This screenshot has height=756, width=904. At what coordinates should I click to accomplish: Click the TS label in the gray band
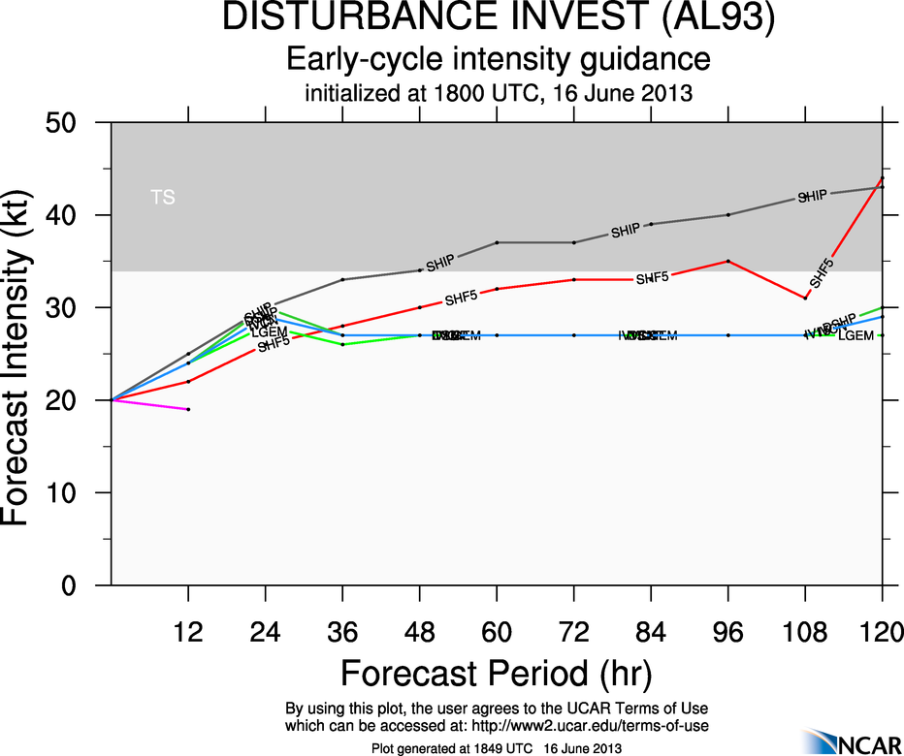click(x=163, y=198)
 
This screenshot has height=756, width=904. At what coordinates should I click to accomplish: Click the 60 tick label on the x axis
click(x=497, y=633)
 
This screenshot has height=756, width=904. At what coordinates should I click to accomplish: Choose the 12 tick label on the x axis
click(x=188, y=633)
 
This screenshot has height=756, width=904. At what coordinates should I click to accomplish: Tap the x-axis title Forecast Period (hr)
click(x=496, y=673)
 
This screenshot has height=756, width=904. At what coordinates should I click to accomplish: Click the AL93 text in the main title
click(x=715, y=18)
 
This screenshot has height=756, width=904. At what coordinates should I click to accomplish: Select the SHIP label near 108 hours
click(x=812, y=197)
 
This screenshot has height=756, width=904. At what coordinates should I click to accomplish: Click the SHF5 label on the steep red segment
click(x=821, y=273)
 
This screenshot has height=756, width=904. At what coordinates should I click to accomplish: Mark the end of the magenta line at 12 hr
click(x=188, y=409)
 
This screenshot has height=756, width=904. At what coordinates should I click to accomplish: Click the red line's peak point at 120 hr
click(x=882, y=178)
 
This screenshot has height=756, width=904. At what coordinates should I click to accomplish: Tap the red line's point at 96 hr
click(x=727, y=261)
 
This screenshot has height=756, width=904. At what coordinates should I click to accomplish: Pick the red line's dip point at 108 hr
click(x=805, y=298)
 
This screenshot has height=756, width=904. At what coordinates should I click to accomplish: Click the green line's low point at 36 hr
click(x=342, y=344)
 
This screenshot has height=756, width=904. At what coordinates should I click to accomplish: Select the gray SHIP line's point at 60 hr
click(x=497, y=242)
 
